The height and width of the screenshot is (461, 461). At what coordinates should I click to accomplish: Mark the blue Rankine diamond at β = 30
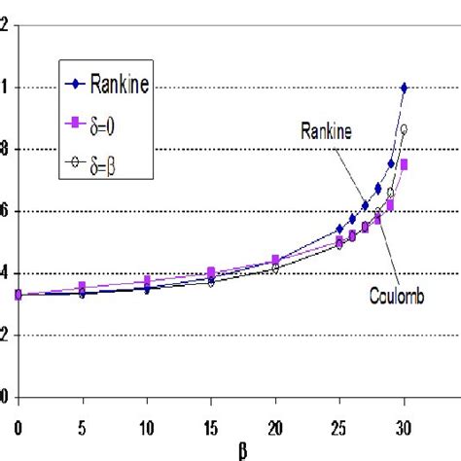[x=404, y=88]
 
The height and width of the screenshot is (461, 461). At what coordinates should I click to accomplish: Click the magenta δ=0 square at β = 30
[x=404, y=164]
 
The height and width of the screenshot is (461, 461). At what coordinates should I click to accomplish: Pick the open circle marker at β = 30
[x=404, y=128]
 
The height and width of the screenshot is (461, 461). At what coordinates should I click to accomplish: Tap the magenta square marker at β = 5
[x=82, y=286]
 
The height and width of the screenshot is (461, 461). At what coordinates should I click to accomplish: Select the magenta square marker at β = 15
[x=210, y=272]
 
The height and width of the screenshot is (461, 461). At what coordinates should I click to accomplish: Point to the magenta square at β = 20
[x=275, y=260]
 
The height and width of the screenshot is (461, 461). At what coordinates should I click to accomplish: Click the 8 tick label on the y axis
[x=5, y=149]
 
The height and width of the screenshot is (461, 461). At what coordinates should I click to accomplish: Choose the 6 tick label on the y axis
[x=5, y=211]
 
